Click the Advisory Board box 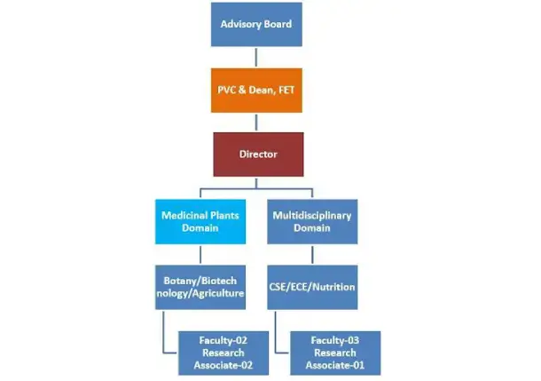(x=257, y=24)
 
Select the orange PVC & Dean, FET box (x=257, y=90)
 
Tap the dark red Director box (x=257, y=155)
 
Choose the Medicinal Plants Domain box (x=200, y=221)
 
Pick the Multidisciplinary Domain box (x=312, y=221)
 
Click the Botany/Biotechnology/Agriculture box (x=200, y=287)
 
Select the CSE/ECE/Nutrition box (x=312, y=287)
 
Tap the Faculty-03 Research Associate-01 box (x=335, y=353)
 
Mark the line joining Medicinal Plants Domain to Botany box (x=200, y=254)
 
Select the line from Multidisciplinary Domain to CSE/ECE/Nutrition (x=312, y=254)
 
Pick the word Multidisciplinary (x=312, y=215)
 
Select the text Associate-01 (x=335, y=365)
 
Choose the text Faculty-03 (x=335, y=340)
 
